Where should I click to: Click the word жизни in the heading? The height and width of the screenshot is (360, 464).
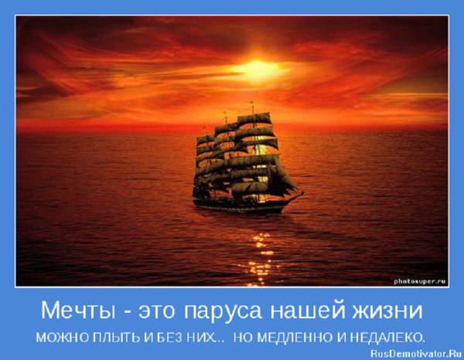pos(390,312)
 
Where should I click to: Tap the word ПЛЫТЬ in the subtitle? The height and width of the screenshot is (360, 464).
pos(106,338)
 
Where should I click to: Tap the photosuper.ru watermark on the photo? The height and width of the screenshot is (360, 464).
pos(420,279)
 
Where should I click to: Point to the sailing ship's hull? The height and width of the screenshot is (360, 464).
pos(240,205)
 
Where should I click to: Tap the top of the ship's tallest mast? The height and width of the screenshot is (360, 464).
pos(252,103)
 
